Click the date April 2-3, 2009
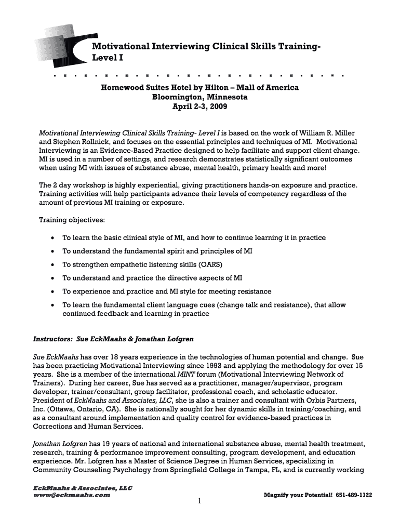[199, 107]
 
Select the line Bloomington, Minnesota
[199, 97]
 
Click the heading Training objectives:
[72, 220]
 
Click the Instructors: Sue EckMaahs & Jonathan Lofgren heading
[113, 339]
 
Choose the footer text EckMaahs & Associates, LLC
[75, 488]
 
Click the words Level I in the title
[108, 58]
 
